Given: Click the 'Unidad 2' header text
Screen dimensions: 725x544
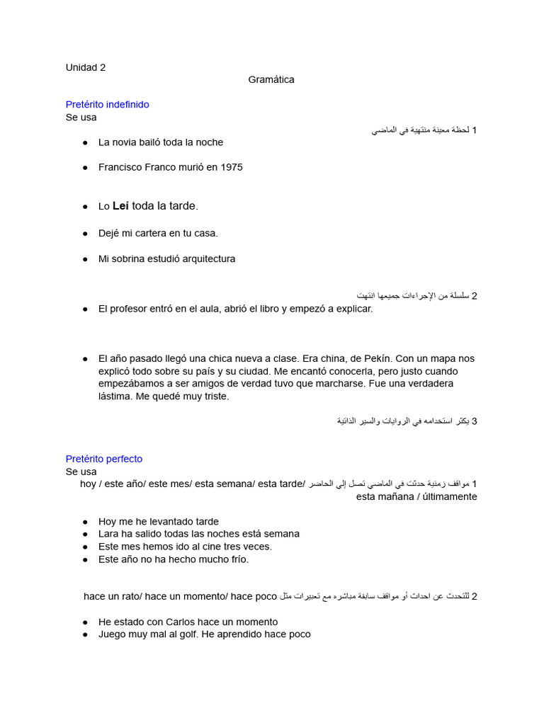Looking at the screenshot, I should tap(86, 68).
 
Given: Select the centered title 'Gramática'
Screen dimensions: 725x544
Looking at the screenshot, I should tap(271, 80).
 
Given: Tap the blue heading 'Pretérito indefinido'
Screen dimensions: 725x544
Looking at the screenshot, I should tap(108, 105).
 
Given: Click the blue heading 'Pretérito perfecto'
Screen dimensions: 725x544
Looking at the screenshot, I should tap(104, 459).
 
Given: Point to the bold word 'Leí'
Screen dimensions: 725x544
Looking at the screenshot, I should tap(120, 206).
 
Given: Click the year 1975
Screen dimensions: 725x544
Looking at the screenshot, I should tap(231, 168).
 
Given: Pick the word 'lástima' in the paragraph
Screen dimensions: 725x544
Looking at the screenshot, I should tap(114, 396).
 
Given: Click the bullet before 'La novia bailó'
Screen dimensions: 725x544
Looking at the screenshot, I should tap(85, 142).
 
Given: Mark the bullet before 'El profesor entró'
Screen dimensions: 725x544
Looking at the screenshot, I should tap(85, 309).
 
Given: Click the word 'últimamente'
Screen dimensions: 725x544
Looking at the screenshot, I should tap(450, 497).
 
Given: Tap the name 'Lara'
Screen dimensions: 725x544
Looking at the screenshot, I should tap(109, 534).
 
